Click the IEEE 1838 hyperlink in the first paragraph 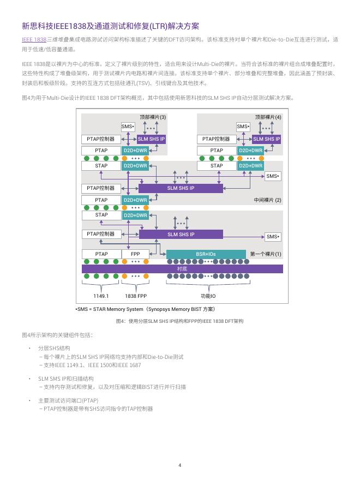34,39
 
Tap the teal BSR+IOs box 206,254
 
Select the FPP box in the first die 135,254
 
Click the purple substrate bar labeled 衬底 182,269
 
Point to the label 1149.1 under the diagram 101,296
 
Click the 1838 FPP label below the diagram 136,296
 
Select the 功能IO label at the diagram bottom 208,296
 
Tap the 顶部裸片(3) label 153,117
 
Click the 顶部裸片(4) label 268,117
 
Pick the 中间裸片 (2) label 268,200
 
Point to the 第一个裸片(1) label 266,254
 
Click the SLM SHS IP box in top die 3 151,139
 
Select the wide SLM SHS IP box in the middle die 181,188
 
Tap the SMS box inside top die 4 243,127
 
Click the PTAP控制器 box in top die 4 216,139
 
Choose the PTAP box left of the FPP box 101,254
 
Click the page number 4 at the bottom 180,465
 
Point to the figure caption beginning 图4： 179,321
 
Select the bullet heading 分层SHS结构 54,348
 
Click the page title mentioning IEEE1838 111,26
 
